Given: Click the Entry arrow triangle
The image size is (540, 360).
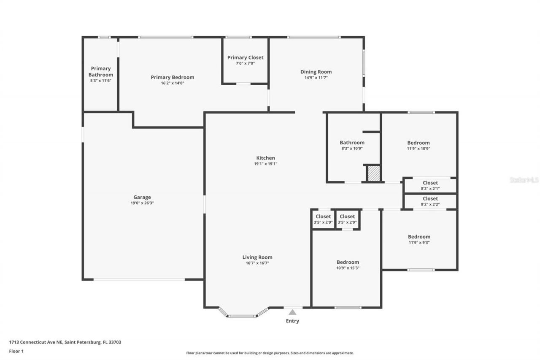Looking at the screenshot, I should (292, 312).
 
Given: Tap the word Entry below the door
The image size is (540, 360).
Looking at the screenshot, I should (292, 321).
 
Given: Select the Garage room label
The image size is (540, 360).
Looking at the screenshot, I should (142, 197).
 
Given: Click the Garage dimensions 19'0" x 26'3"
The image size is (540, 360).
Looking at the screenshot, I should (142, 203).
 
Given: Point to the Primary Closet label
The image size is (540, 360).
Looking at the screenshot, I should (245, 57).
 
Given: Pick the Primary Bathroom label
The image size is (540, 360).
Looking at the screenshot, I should (101, 72).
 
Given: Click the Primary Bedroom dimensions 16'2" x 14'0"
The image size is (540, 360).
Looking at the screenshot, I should (173, 83).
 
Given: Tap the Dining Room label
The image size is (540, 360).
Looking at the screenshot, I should (316, 72).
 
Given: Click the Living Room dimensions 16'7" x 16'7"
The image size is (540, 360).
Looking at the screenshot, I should (257, 263).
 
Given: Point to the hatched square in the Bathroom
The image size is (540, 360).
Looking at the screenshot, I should (374, 173).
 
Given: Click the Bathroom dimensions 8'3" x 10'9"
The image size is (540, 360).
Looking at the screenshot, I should (352, 149).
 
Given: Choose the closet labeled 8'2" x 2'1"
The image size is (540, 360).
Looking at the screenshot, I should (430, 186).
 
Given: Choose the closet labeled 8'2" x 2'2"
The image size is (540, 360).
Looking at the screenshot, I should (430, 201).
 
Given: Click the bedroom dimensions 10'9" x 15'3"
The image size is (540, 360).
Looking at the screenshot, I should (348, 268).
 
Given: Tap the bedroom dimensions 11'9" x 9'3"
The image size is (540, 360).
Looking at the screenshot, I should (419, 243).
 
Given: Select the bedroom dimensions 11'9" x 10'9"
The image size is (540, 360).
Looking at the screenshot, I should (418, 149).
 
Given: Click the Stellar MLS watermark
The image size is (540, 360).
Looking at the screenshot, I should (524, 180).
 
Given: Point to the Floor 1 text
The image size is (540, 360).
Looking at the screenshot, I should (16, 351).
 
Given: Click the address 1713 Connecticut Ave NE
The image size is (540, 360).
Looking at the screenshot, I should (36, 342).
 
